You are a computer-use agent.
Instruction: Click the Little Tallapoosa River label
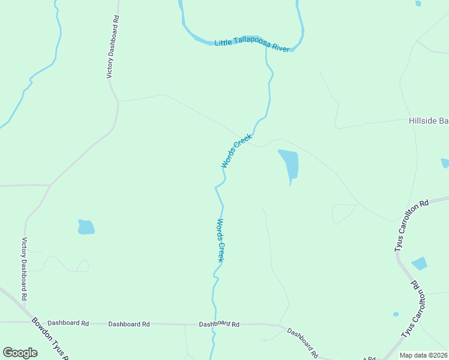[252, 44]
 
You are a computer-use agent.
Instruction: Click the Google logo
[20, 353]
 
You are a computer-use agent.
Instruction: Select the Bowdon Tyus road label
[52, 339]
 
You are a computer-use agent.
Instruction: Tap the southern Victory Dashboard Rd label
[25, 269]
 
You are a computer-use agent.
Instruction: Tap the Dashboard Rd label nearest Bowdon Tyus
[68, 323]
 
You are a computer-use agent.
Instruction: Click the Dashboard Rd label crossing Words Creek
[219, 324]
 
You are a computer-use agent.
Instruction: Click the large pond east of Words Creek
[289, 163]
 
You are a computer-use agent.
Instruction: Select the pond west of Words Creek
[86, 227]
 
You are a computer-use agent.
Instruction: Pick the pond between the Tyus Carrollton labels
[420, 263]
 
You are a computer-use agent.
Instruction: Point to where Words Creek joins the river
[266, 49]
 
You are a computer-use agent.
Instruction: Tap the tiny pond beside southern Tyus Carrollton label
[396, 314]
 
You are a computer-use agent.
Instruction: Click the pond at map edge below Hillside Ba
[445, 163]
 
